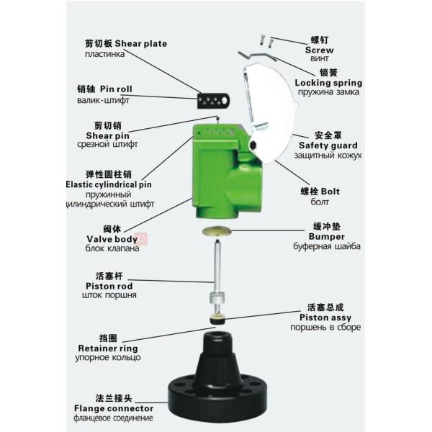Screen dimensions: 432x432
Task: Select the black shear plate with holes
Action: [214, 99]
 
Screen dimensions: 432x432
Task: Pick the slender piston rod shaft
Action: [215, 266]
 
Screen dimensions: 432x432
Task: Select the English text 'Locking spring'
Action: [328, 83]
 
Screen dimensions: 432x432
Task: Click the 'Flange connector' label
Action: [116, 408]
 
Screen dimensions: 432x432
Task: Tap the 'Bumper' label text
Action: [327, 236]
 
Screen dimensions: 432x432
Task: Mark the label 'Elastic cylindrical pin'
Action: [108, 184]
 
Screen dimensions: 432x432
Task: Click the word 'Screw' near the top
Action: [320, 50]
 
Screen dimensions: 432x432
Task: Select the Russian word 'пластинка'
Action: [105, 54]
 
